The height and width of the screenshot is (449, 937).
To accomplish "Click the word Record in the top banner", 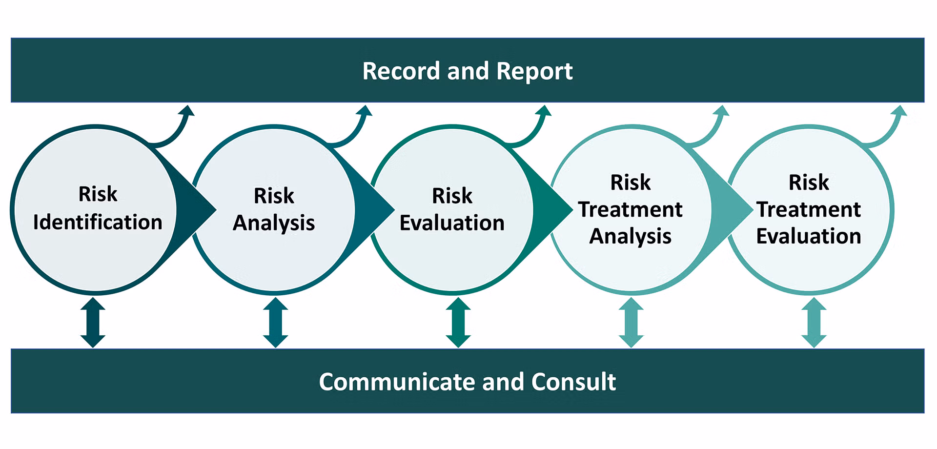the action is (401, 71).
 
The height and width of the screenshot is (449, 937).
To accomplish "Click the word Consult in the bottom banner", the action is (573, 382).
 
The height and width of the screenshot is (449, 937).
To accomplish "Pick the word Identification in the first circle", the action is (98, 223).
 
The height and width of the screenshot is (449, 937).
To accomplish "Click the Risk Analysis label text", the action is (274, 209).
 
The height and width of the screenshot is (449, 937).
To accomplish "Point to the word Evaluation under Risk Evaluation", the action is (452, 223).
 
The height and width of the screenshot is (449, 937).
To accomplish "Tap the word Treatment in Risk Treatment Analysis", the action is (631, 209).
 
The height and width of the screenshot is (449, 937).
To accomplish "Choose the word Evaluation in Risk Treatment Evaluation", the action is (809, 236).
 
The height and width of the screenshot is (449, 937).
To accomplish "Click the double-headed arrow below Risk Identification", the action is (93, 323).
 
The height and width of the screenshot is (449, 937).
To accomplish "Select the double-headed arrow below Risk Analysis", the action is (275, 323).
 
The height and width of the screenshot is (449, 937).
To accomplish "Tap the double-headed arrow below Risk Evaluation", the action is (458, 323).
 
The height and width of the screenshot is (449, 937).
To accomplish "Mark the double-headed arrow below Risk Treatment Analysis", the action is (631, 323).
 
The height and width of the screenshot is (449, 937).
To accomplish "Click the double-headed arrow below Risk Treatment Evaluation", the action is (814, 323).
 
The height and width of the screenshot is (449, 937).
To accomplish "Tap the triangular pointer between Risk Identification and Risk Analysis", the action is (195, 210).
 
